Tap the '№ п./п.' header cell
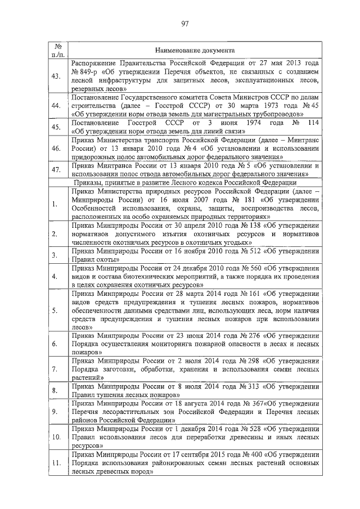click(56, 49)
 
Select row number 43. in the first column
click(56, 76)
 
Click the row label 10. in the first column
click(56, 436)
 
